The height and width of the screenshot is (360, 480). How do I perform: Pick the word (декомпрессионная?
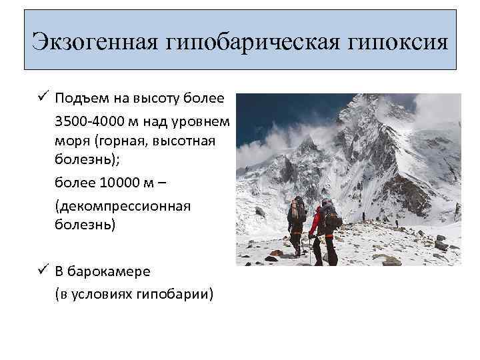(123, 205)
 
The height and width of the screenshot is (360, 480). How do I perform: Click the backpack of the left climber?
(297, 211)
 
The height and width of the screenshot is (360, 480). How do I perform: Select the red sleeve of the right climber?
(314, 222)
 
